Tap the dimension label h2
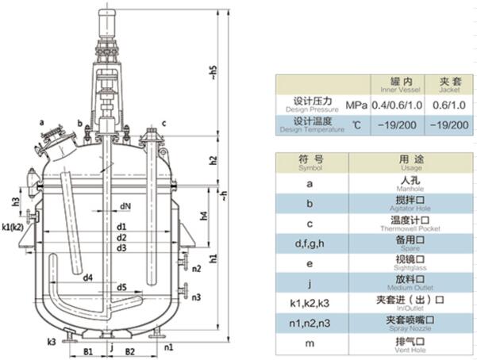point(213,160)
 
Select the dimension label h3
point(15,201)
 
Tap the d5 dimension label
point(121,286)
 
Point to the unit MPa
point(356,105)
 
